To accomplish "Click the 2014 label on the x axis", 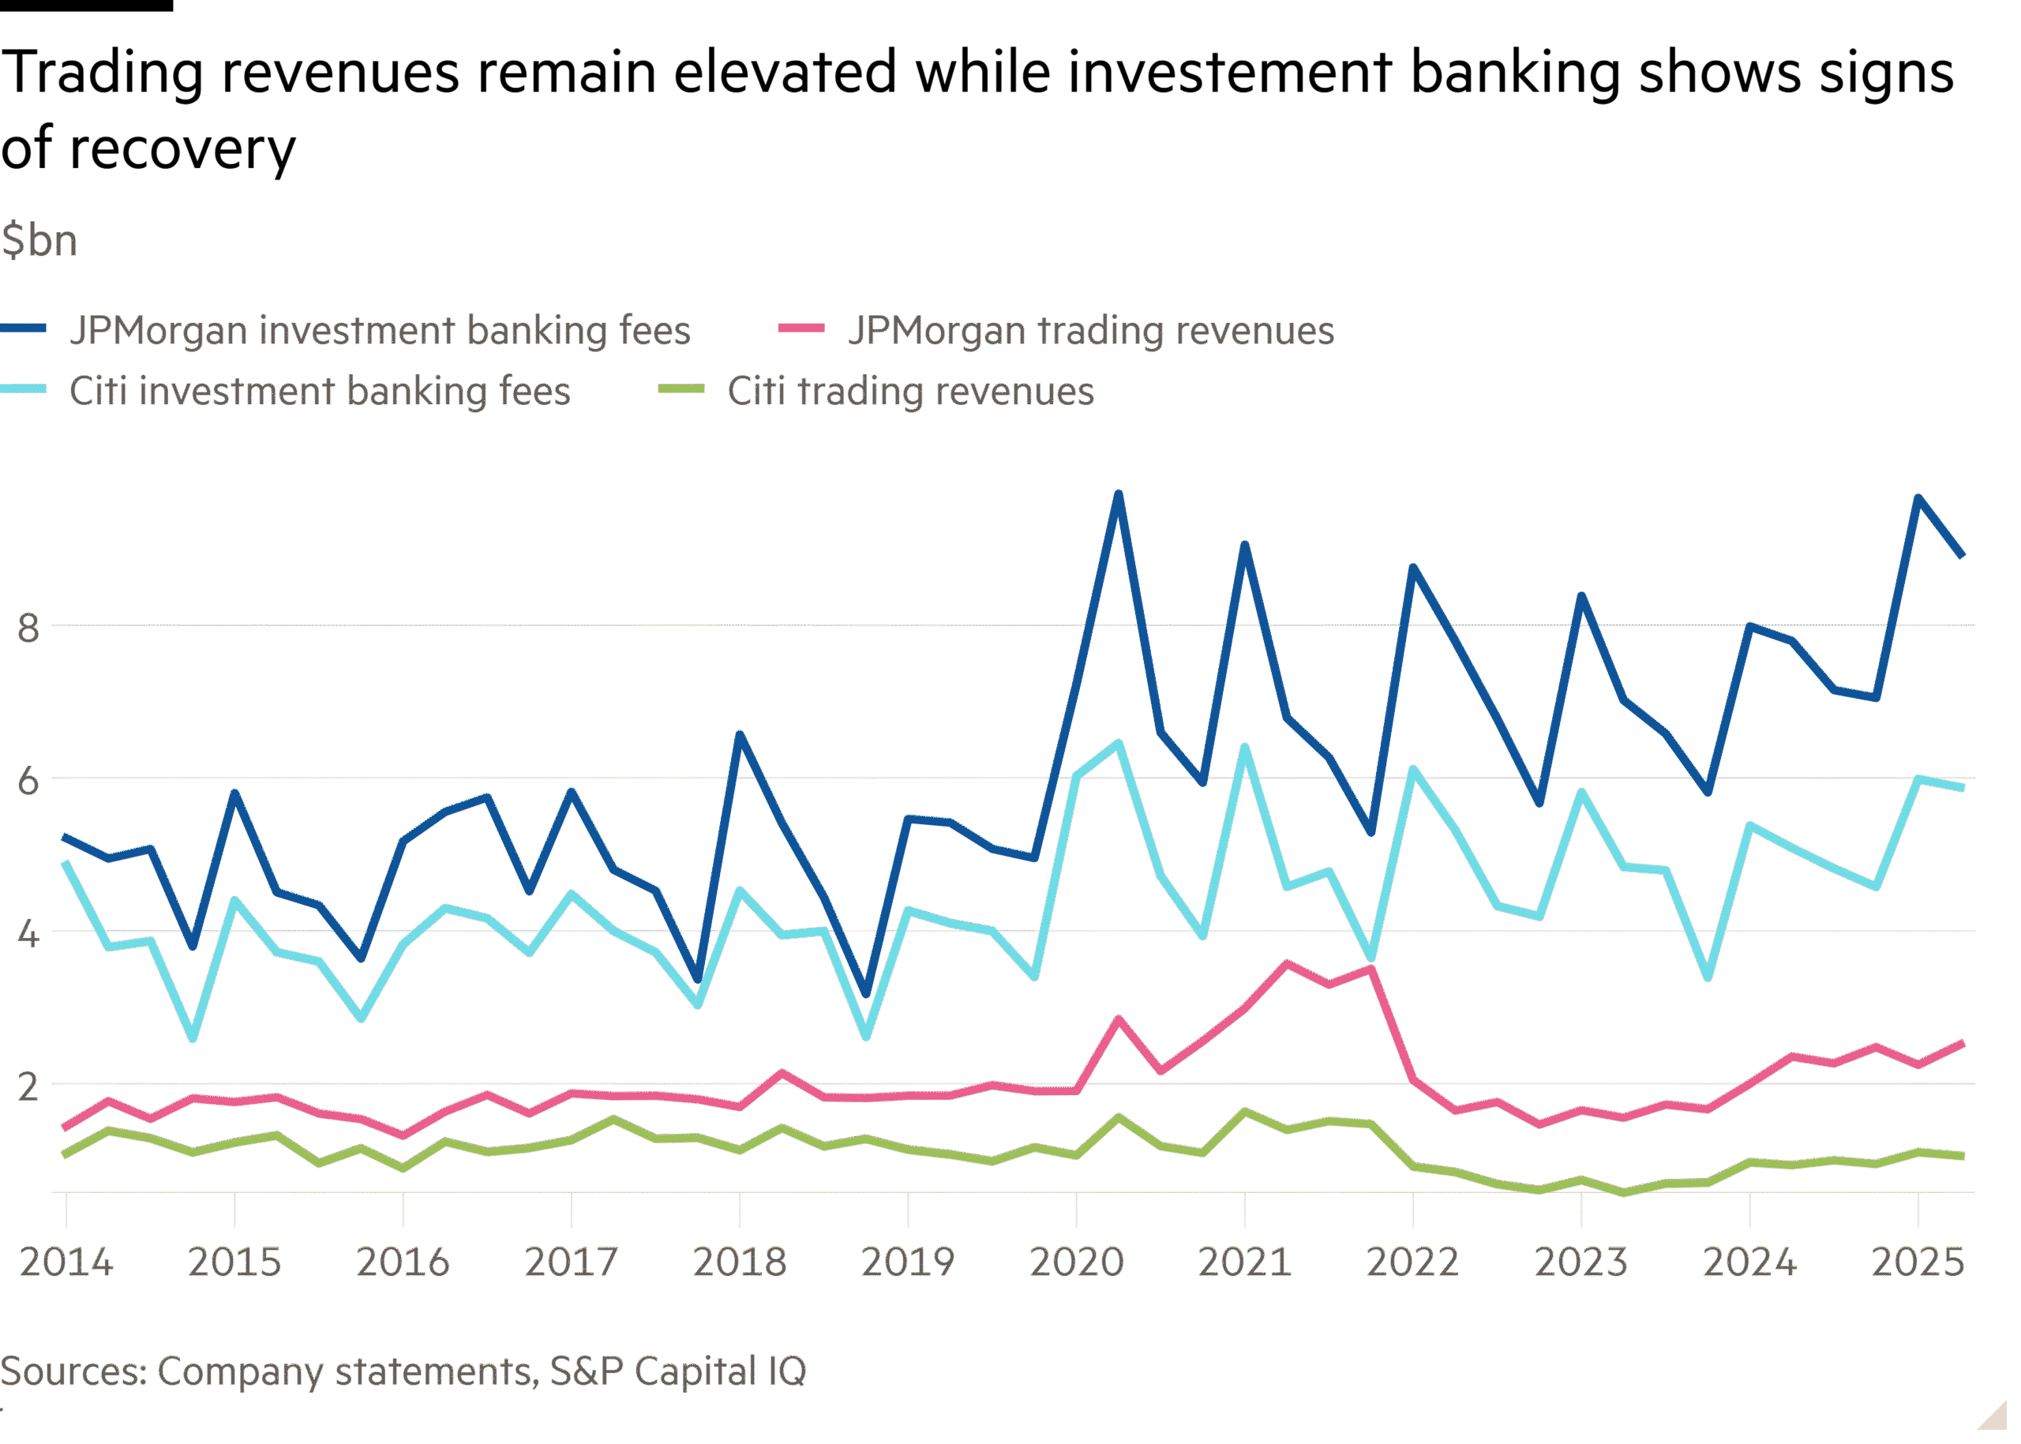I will (x=66, y=1262).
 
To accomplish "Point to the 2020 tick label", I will (x=1076, y=1262).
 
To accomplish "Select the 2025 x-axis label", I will (x=1917, y=1262).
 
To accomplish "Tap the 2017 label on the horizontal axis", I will (x=571, y=1262).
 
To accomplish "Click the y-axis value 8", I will (x=28, y=628).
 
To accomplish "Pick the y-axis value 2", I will (x=28, y=1086).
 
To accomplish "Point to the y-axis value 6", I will (x=28, y=782).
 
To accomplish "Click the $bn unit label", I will (x=39, y=241).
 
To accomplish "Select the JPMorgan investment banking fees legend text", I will (x=380, y=331).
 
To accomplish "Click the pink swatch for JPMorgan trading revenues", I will (x=801, y=328).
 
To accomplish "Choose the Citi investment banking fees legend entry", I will (x=319, y=392).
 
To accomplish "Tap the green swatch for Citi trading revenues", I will (x=681, y=389).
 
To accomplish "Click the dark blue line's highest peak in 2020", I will (x=1119, y=493).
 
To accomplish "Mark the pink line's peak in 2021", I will (x=1287, y=963).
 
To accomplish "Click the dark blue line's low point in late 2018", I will (x=867, y=994).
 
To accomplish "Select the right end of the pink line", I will (x=1962, y=1043).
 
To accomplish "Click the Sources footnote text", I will (x=403, y=1371).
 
